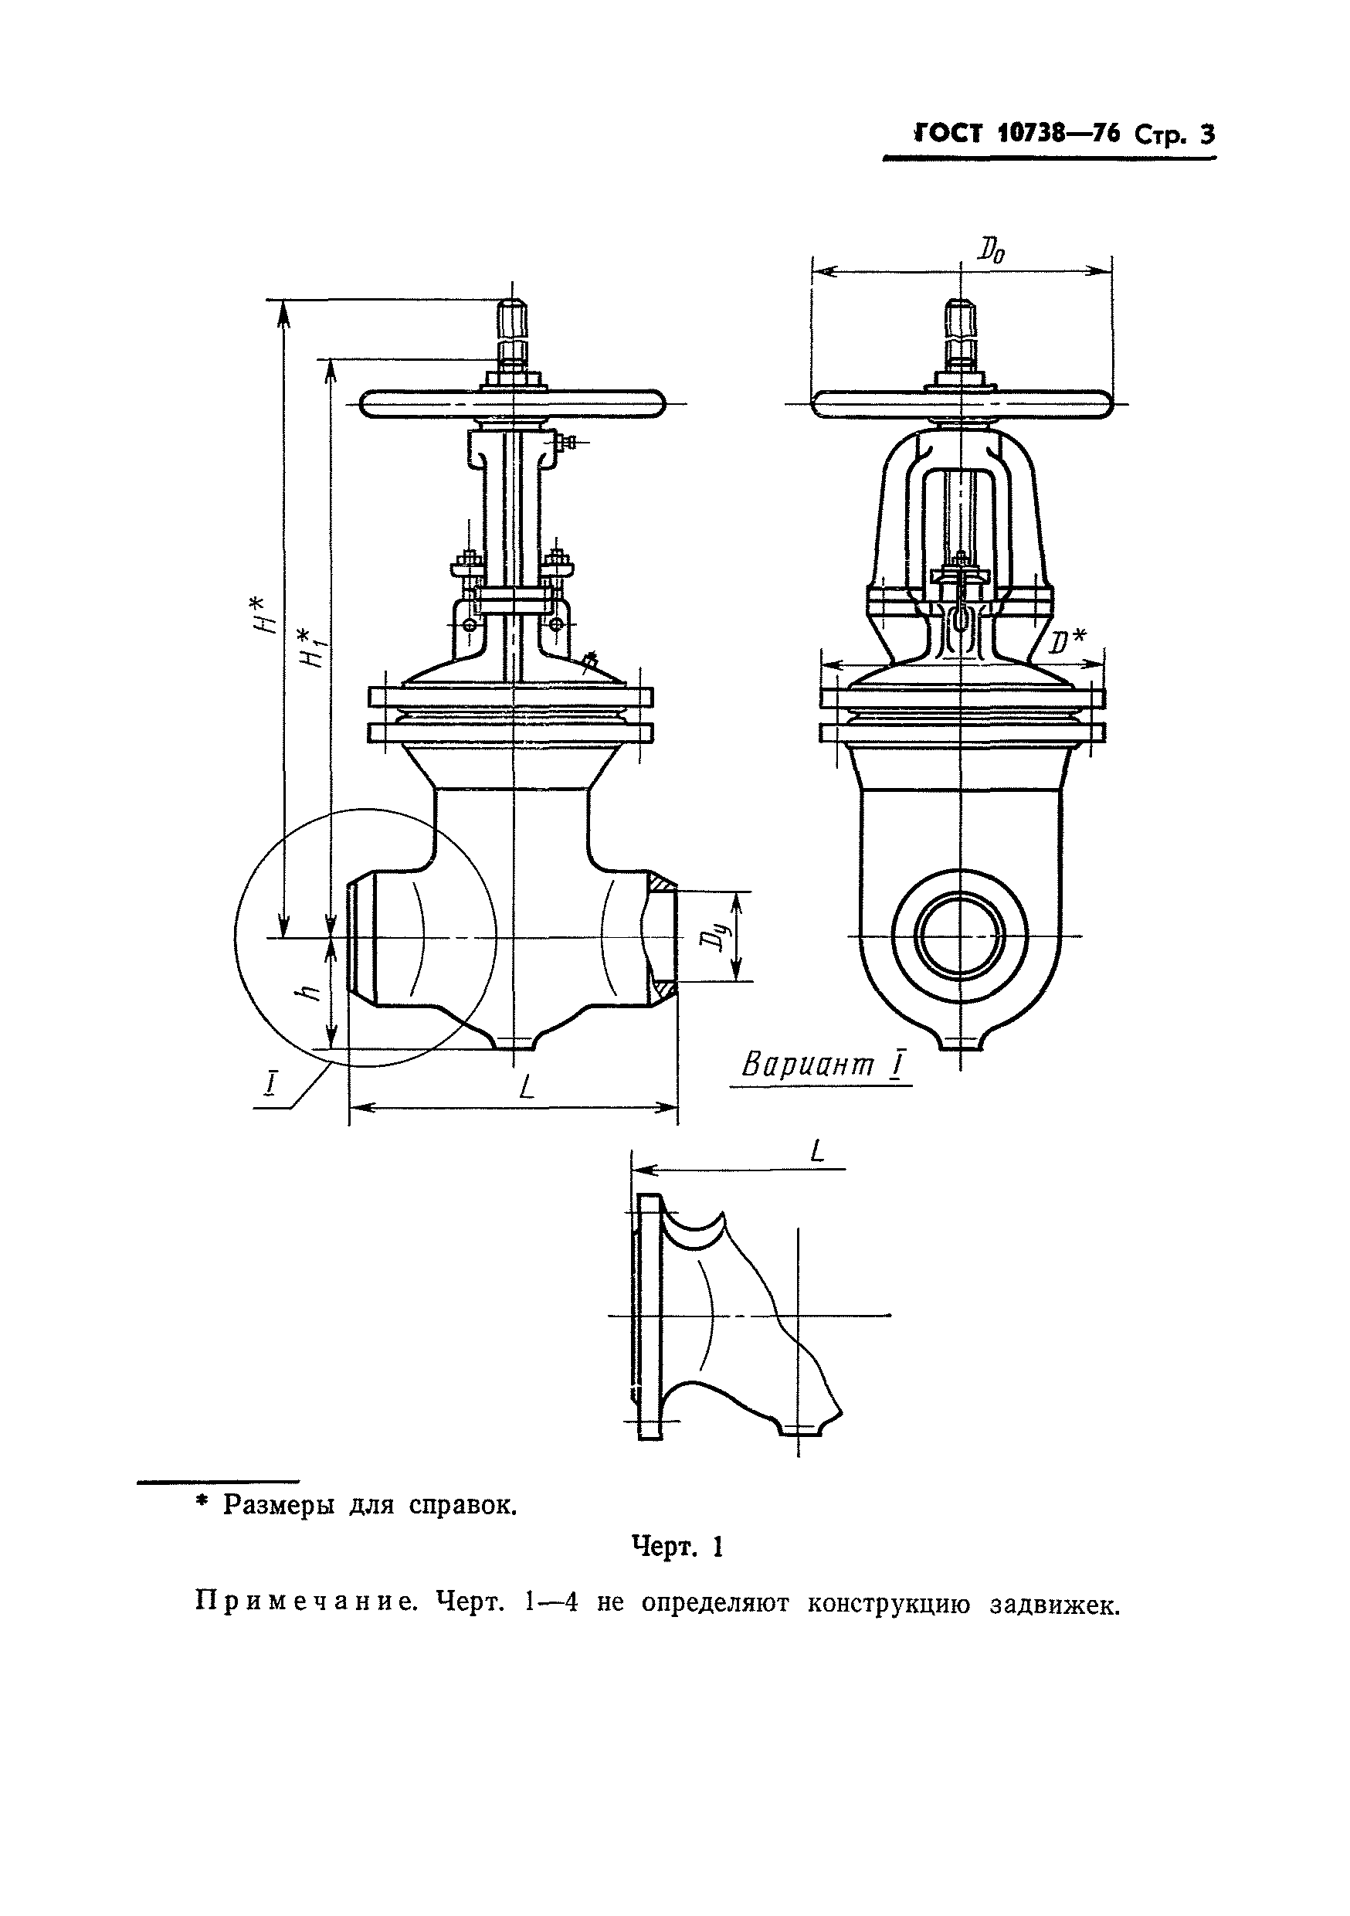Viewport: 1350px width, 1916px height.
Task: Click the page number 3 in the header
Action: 1206,134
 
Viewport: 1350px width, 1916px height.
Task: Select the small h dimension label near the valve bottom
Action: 310,991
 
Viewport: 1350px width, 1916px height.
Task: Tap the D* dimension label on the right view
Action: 1067,643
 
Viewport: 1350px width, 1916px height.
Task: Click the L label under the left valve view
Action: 526,1086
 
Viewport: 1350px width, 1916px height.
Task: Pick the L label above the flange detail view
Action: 817,1153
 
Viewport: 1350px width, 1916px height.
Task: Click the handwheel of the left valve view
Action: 511,405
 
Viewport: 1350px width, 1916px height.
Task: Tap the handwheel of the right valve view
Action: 962,405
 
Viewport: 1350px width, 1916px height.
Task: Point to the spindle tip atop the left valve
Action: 511,315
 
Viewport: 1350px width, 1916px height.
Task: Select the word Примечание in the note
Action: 305,1602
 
